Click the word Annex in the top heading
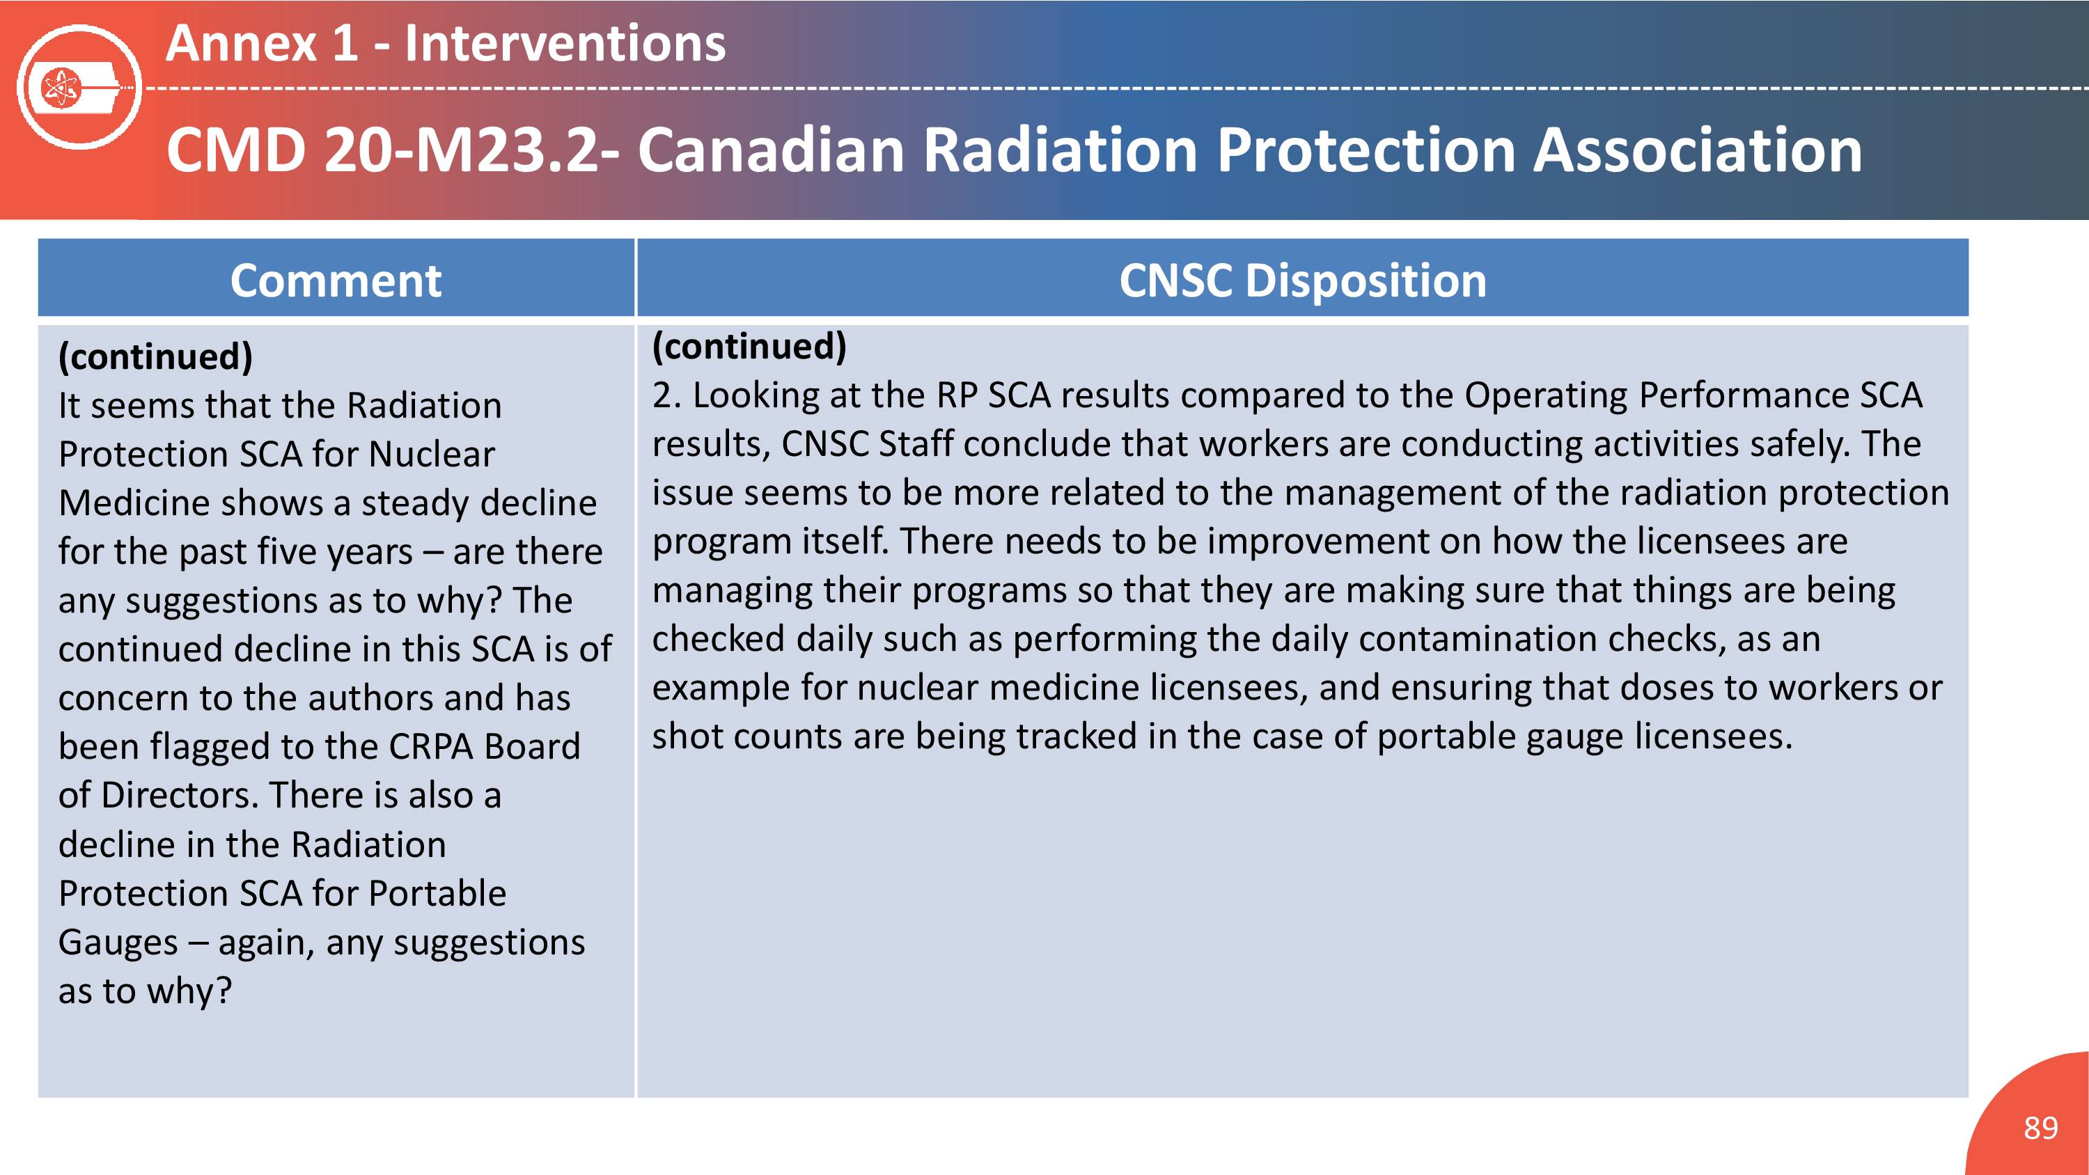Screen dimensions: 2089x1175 click(240, 43)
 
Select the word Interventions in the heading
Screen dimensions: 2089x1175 click(565, 43)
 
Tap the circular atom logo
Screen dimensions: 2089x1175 click(79, 87)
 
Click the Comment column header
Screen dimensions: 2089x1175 click(336, 281)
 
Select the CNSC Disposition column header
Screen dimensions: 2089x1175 click(1302, 281)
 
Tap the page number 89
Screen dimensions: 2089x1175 click(2040, 1128)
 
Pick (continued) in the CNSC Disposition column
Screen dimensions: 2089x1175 click(749, 346)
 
